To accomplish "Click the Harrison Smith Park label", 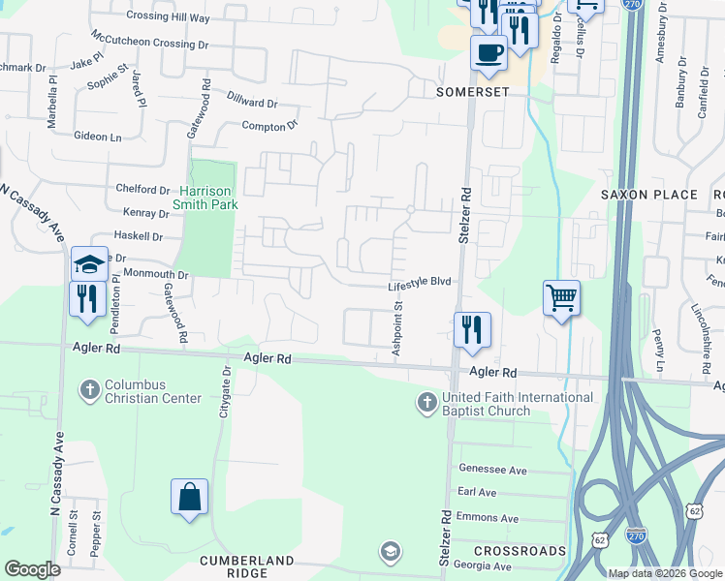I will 205,197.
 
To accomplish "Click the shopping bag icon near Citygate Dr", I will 190,497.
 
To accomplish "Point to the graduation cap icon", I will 89,263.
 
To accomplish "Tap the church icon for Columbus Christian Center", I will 89,390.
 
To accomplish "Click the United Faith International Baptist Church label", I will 517,404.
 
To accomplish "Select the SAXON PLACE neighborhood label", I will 648,195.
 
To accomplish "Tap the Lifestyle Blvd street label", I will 420,282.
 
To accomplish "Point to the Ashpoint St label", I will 397,328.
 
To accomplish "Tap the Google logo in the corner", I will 32,569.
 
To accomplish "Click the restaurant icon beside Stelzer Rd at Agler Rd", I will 473,329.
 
